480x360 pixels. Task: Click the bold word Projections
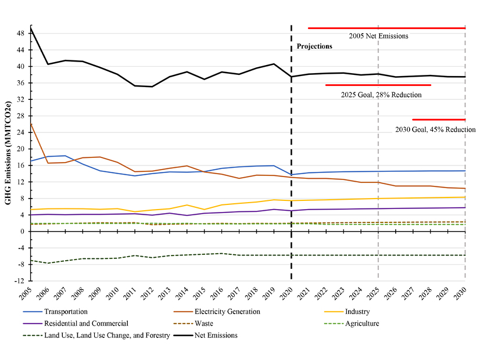click(314, 46)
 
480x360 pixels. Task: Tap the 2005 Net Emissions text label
click(378, 36)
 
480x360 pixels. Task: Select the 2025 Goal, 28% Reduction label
click(378, 93)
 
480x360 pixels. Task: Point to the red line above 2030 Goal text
click(439, 120)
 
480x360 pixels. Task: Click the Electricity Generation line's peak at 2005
click(30, 124)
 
